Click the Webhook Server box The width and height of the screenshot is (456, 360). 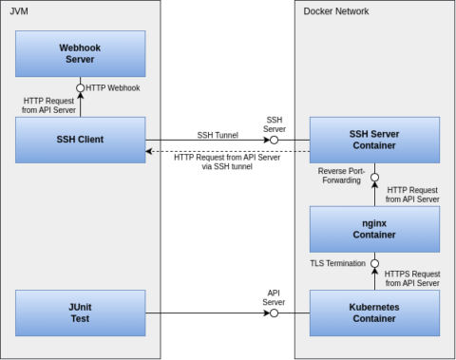pyautogui.click(x=81, y=53)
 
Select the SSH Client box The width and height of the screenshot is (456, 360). pyautogui.click(x=81, y=140)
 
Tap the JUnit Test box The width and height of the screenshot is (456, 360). pyautogui.click(x=81, y=313)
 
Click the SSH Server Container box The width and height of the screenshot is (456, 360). pyautogui.click(x=374, y=140)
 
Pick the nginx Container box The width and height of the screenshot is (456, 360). pyautogui.click(x=374, y=229)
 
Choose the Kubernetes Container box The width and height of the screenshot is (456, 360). pyautogui.click(x=374, y=313)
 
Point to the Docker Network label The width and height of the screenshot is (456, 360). pyautogui.click(x=335, y=11)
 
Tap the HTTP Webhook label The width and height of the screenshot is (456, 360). pyautogui.click(x=113, y=88)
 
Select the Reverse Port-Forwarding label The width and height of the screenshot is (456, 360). pyautogui.click(x=343, y=175)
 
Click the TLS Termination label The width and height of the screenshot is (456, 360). pyautogui.click(x=336, y=262)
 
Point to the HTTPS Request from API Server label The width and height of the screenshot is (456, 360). pyautogui.click(x=412, y=277)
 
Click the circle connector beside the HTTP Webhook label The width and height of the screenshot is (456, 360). pyautogui.click(x=81, y=88)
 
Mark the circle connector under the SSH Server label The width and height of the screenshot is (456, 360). pyautogui.click(x=274, y=140)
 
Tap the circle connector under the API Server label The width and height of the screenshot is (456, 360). pyautogui.click(x=274, y=313)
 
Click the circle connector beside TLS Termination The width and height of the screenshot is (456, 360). pyautogui.click(x=374, y=262)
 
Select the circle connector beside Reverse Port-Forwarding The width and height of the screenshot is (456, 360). pyautogui.click(x=374, y=177)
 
